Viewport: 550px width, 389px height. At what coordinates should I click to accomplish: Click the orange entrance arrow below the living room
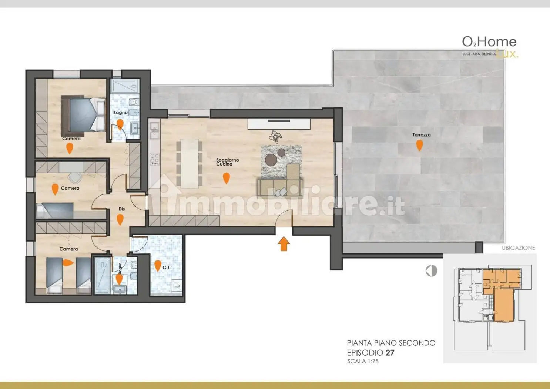coord(284,244)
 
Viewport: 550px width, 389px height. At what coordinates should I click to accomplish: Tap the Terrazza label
coord(421,135)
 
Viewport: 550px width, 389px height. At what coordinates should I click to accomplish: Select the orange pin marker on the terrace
coord(419,145)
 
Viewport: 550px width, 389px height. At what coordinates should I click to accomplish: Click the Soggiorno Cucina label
coord(227,162)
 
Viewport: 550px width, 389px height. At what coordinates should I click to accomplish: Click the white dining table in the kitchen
coord(189,163)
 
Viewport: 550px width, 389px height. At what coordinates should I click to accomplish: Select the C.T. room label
coord(167,267)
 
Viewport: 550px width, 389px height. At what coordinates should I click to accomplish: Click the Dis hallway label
coord(122,209)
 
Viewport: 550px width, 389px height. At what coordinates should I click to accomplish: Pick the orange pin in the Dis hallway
coord(120,219)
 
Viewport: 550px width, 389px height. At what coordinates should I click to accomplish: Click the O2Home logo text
coord(489,42)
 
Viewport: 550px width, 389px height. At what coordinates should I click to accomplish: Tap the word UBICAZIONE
coord(518,248)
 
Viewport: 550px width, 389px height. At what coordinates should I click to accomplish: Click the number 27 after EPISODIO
coord(390,353)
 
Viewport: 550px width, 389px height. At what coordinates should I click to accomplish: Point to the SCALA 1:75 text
coord(363,361)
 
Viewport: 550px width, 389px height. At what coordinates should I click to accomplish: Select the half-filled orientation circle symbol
coord(431,271)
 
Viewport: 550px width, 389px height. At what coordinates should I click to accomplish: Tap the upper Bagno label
coord(120,112)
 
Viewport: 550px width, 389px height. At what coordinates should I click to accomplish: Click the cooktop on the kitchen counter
coord(154,159)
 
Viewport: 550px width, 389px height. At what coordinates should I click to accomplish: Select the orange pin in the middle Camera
coord(55,189)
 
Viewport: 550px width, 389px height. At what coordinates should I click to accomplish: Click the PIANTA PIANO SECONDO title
coord(391,343)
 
